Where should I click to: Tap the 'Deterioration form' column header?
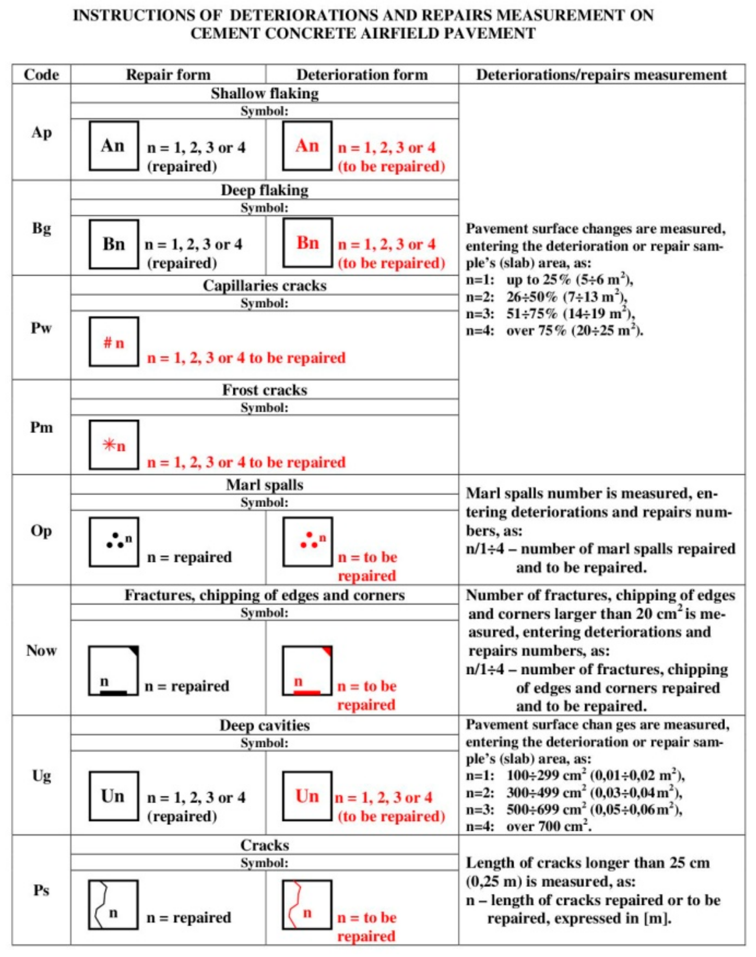point(362,74)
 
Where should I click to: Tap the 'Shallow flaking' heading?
point(265,93)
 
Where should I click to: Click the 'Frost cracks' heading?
point(265,390)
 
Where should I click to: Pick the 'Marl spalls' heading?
point(265,485)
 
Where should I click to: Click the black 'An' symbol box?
point(114,146)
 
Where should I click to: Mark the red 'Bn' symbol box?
point(308,243)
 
